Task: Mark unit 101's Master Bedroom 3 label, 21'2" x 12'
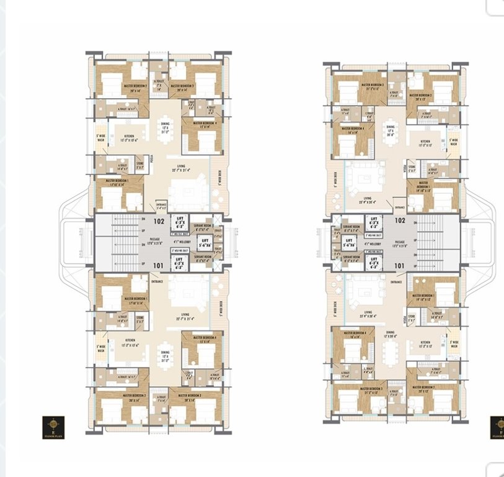[x=373, y=390]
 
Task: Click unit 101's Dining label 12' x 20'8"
[x=391, y=334]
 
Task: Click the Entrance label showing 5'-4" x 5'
[x=161, y=206]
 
